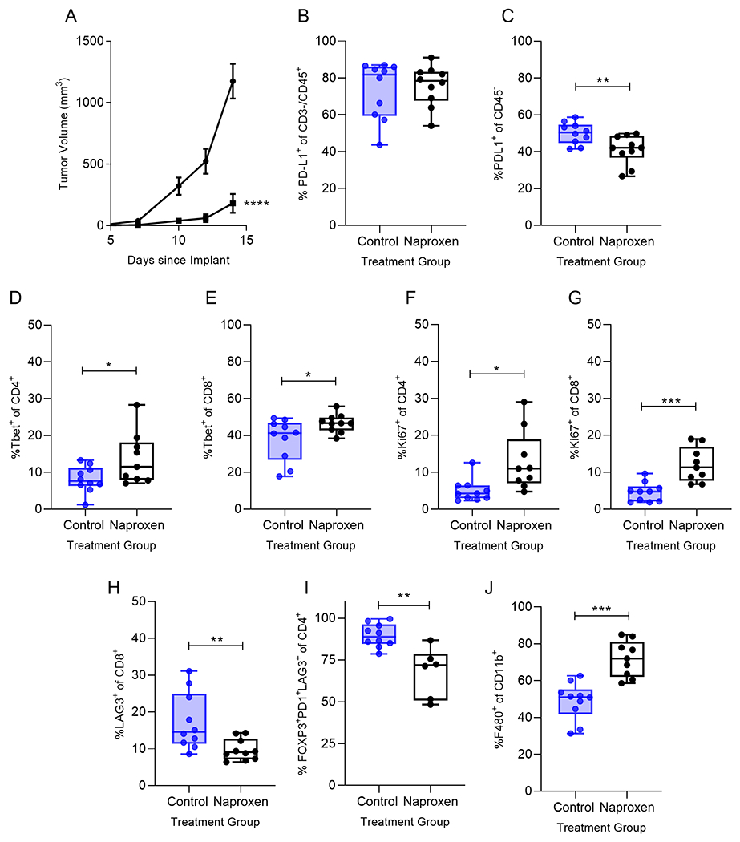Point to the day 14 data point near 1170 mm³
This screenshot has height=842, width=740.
coord(233,81)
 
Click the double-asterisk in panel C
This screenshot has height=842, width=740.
coord(603,81)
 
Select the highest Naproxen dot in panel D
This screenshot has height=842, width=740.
coord(136,405)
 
